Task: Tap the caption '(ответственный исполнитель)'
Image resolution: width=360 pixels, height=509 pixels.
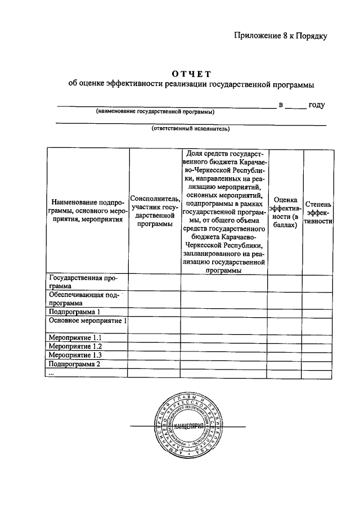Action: (x=191, y=129)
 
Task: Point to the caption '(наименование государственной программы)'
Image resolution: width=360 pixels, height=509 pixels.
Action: (x=155, y=111)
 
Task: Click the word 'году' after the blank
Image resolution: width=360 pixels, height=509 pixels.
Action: (x=317, y=105)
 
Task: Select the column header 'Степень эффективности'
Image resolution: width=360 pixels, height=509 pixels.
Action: (x=319, y=213)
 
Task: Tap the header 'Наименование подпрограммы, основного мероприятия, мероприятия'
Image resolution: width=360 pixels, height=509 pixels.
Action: (x=87, y=211)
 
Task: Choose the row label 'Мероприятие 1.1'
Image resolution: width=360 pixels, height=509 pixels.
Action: (x=75, y=338)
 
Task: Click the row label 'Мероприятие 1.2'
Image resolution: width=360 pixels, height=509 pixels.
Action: (x=75, y=346)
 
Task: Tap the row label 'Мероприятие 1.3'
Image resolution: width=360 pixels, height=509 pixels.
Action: (x=75, y=355)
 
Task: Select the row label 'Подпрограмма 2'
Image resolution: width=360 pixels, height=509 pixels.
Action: (x=74, y=364)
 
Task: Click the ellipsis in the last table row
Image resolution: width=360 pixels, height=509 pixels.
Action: (x=52, y=373)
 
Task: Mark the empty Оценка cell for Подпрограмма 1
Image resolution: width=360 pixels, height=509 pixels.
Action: (x=285, y=311)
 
